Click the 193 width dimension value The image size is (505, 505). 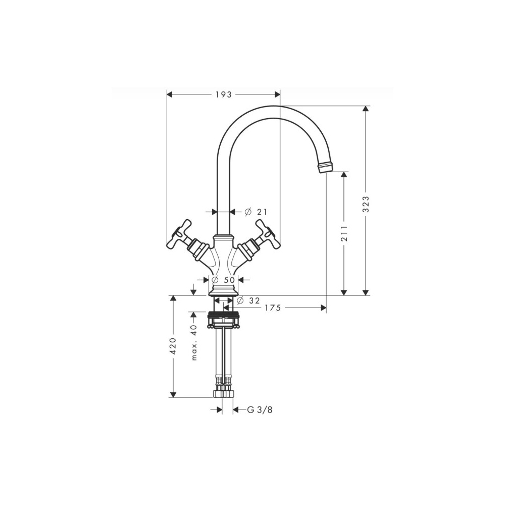(x=223, y=94)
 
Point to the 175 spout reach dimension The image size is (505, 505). (x=272, y=308)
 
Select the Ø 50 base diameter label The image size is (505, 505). (x=223, y=279)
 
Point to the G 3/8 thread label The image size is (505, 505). (x=260, y=410)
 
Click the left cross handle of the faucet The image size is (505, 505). (x=180, y=235)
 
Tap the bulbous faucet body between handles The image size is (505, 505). (x=223, y=260)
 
